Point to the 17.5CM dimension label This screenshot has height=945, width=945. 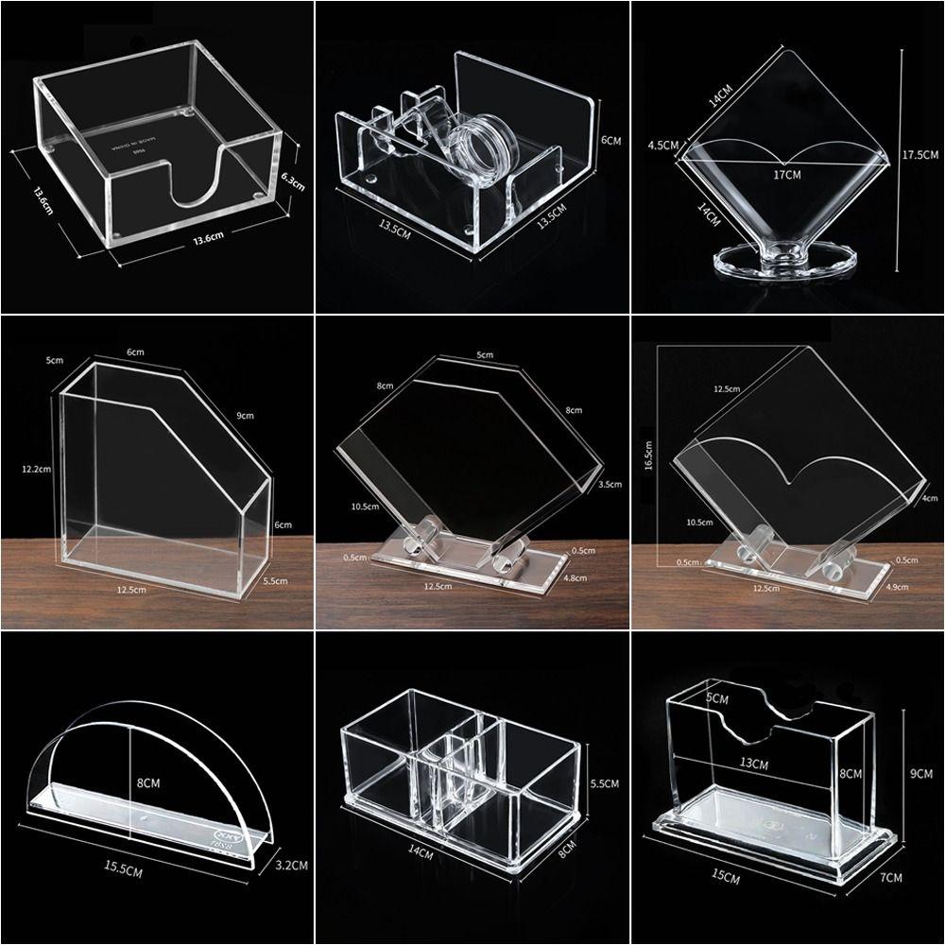coord(919,154)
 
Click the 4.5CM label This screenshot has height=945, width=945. coord(663,146)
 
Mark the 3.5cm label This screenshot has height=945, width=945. coord(610,484)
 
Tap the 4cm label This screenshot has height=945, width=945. coord(930,498)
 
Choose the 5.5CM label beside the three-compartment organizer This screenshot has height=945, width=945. coord(603,783)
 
